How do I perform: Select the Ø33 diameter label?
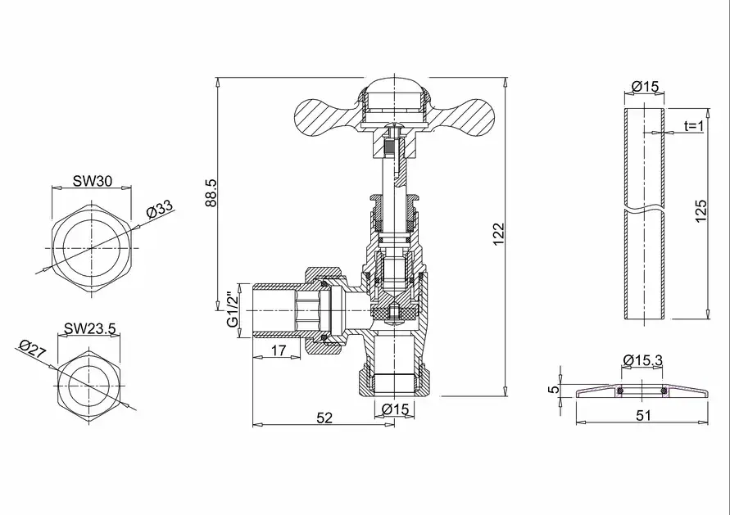click(160, 210)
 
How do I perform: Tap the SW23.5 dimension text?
click(90, 329)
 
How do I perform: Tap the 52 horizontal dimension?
click(324, 418)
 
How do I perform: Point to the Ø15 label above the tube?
click(646, 87)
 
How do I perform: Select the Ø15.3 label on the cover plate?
click(642, 360)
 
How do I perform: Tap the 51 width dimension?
click(643, 416)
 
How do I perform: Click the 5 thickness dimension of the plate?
click(554, 390)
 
